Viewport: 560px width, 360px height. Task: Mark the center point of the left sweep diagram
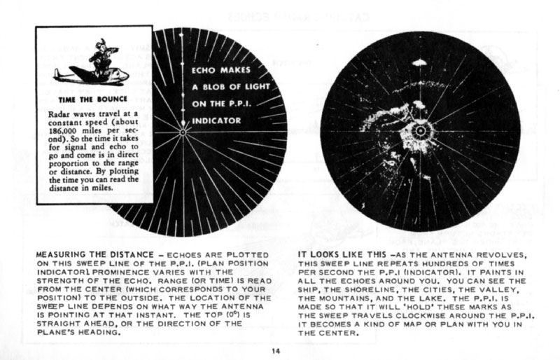[x=183, y=131]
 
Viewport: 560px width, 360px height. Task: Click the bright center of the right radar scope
[x=420, y=130]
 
